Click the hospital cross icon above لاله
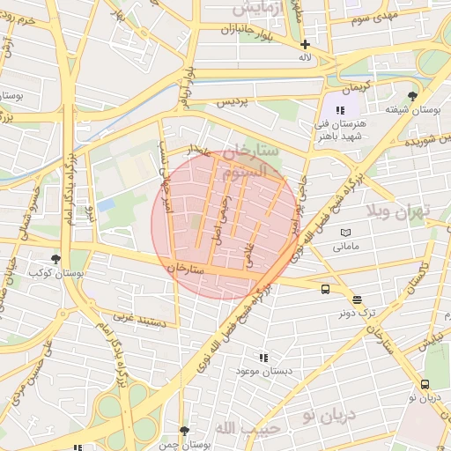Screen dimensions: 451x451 [305, 44]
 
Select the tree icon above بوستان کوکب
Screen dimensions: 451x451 [56, 259]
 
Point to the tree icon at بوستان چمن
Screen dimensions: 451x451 [184, 431]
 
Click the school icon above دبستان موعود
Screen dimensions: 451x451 [262, 358]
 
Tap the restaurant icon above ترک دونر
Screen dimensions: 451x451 [357, 300]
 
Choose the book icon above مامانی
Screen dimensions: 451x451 [345, 233]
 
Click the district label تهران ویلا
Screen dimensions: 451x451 [404, 211]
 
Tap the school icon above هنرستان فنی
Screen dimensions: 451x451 [340, 109]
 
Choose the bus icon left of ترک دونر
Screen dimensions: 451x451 [325, 289]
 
